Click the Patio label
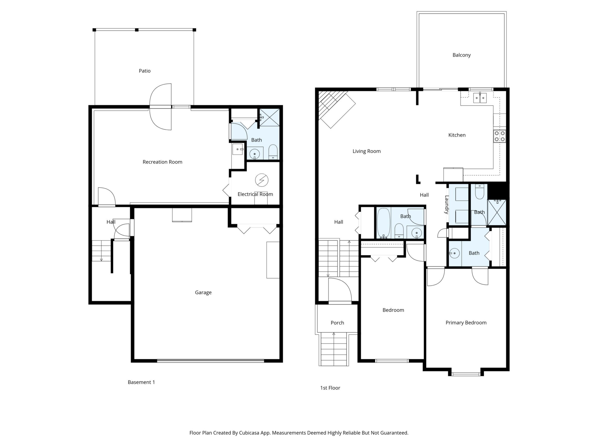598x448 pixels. [145, 71]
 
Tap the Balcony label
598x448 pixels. [461, 55]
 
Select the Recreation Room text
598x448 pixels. [162, 162]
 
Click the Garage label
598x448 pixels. [203, 292]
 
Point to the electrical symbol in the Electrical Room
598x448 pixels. [262, 180]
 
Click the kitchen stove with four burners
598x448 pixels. [500, 136]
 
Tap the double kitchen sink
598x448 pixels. [480, 98]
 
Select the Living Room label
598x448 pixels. [367, 151]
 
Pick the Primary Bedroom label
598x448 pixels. [466, 323]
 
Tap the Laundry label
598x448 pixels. [447, 205]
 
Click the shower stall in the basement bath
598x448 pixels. [270, 118]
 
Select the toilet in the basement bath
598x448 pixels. [273, 152]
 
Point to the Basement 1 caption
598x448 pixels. [141, 382]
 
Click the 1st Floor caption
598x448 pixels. [330, 388]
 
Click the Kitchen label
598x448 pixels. [457, 135]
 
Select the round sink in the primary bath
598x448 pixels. [454, 253]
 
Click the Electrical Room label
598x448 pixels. [255, 194]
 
